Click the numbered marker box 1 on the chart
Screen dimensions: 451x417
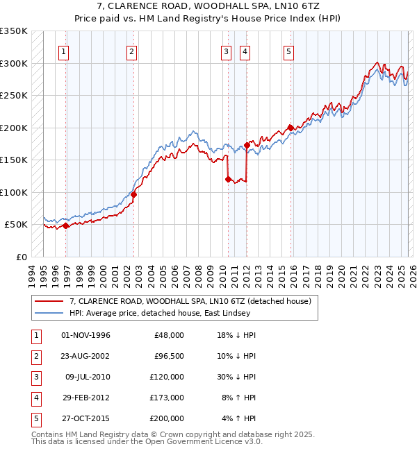[x=63, y=51]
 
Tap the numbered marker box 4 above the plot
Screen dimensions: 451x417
[x=245, y=51]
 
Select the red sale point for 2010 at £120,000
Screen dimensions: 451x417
[x=227, y=179]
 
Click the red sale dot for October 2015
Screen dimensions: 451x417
[x=290, y=128]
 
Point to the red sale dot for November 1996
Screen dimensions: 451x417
[x=65, y=226]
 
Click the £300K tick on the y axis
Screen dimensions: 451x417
[x=15, y=63]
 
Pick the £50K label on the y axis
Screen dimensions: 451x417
[x=17, y=225]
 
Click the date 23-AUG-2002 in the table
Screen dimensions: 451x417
[x=85, y=356]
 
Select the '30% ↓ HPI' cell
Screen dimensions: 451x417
[x=236, y=377]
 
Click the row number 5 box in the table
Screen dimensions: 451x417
[x=35, y=418]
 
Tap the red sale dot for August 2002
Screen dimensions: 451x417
[x=133, y=194]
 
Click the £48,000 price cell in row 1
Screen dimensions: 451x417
[x=169, y=335]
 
